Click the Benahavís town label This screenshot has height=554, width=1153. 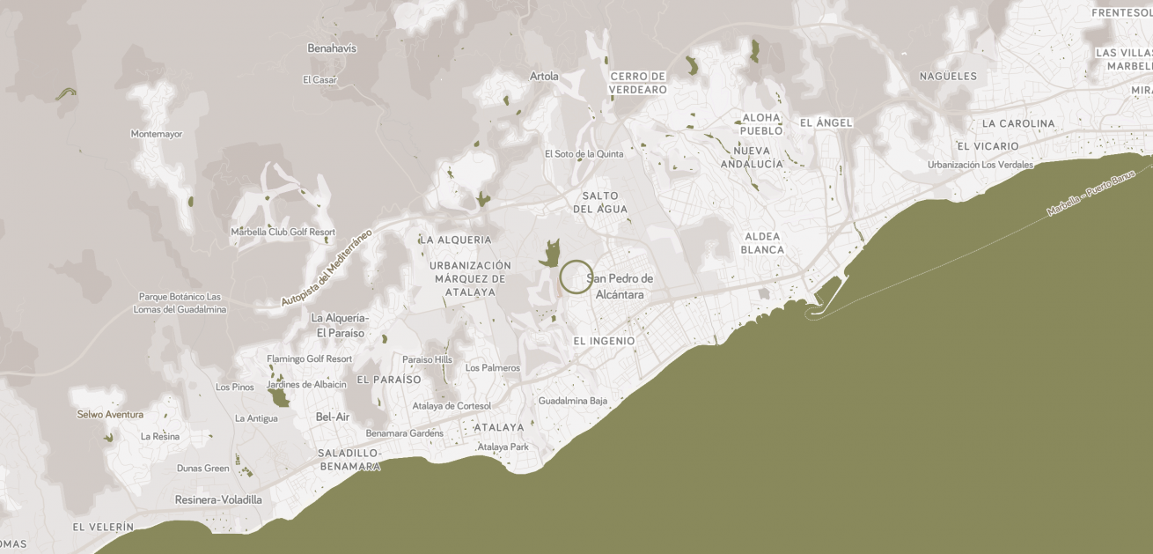coord(332,48)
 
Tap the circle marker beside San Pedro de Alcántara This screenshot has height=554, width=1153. coord(576,277)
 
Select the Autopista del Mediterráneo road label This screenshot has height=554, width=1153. coord(327,267)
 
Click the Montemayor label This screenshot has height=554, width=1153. coord(157,134)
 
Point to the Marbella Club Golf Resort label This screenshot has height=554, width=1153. coord(283,232)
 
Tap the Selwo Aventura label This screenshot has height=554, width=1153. coord(110,414)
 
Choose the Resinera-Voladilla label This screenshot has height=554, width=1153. coord(218,499)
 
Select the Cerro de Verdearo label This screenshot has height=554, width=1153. coord(638,83)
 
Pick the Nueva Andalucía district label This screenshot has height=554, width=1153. coord(752,158)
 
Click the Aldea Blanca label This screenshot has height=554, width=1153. coord(762,243)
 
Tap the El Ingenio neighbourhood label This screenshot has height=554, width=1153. coord(604,341)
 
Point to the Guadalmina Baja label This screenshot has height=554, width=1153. coord(573,401)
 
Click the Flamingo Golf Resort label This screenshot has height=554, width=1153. coord(310,358)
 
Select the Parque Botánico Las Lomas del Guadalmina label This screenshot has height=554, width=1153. coord(180,303)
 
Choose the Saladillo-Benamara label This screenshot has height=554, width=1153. coord(349,459)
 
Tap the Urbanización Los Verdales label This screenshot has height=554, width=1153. coord(980,165)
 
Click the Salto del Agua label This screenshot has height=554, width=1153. coord(600,202)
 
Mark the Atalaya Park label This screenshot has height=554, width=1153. coord(503,447)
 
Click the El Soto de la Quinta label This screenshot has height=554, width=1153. coord(584,153)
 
